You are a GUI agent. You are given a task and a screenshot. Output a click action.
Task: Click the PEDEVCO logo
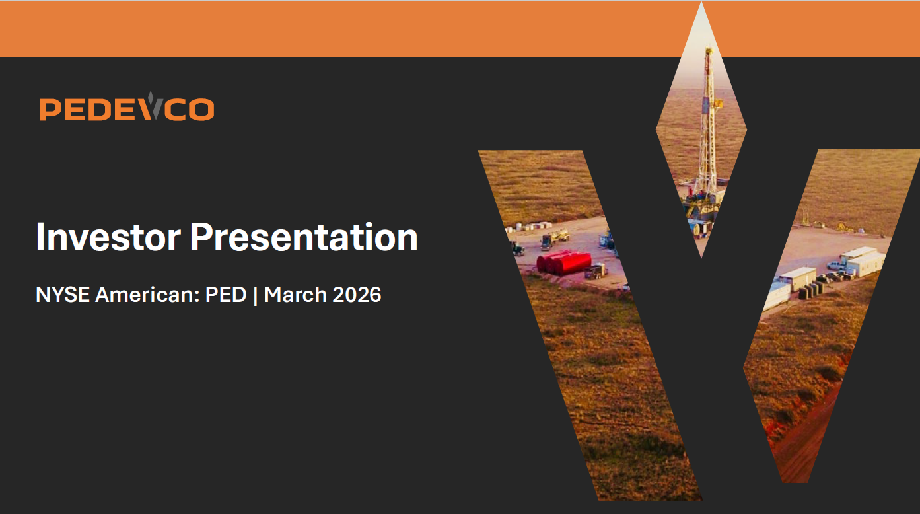pyautogui.click(x=126, y=108)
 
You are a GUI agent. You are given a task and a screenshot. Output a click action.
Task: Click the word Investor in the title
pyautogui.click(x=108, y=237)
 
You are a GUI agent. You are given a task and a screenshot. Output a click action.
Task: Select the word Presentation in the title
pyautogui.click(x=304, y=237)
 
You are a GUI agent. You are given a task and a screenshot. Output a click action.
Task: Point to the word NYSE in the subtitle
pyautogui.click(x=63, y=295)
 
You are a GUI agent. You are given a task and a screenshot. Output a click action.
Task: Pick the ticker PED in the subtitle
pyautogui.click(x=226, y=295)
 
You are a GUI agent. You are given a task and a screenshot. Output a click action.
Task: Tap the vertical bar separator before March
pyautogui.click(x=255, y=295)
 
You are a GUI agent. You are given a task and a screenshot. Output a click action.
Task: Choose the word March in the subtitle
pyautogui.click(x=295, y=295)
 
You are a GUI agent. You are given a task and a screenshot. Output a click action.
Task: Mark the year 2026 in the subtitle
pyautogui.click(x=357, y=295)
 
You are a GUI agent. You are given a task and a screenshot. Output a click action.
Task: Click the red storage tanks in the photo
pyautogui.click(x=563, y=262)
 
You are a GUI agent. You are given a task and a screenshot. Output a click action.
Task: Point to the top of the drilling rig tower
pyautogui.click(x=709, y=52)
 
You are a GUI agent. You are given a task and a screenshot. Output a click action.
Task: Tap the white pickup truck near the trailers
pyautogui.click(x=835, y=265)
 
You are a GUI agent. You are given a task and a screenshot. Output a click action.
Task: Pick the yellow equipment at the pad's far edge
pyautogui.click(x=844, y=227)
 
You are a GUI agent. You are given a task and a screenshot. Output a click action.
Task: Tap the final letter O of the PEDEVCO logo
pyautogui.click(x=201, y=109)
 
